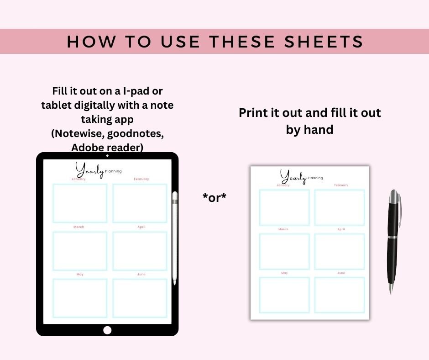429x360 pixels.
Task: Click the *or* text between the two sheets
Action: [x=214, y=197]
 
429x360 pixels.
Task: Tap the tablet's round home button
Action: [x=107, y=330]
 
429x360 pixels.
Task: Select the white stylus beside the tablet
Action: [x=174, y=238]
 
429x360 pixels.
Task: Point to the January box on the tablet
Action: [x=80, y=203]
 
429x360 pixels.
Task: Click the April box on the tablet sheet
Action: [x=140, y=251]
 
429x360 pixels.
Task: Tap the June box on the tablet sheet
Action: [x=140, y=298]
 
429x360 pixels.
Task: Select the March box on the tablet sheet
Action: [x=80, y=251]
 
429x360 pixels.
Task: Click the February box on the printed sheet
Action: [x=340, y=207]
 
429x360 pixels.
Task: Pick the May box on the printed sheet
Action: [x=284, y=295]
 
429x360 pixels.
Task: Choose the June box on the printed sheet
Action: [x=340, y=295]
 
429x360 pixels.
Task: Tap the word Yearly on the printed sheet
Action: [x=293, y=176]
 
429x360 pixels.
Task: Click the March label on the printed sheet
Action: [x=283, y=229]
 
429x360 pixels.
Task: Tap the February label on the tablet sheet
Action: [x=141, y=179]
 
